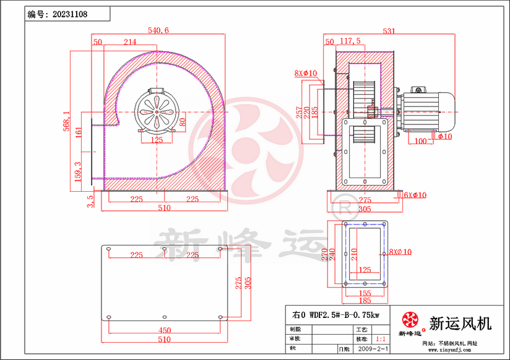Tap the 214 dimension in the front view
(x=130, y=42)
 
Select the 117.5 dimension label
(x=350, y=41)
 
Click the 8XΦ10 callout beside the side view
(x=306, y=74)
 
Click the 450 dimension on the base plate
(x=164, y=330)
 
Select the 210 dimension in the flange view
(x=355, y=252)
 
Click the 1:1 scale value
(x=381, y=340)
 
